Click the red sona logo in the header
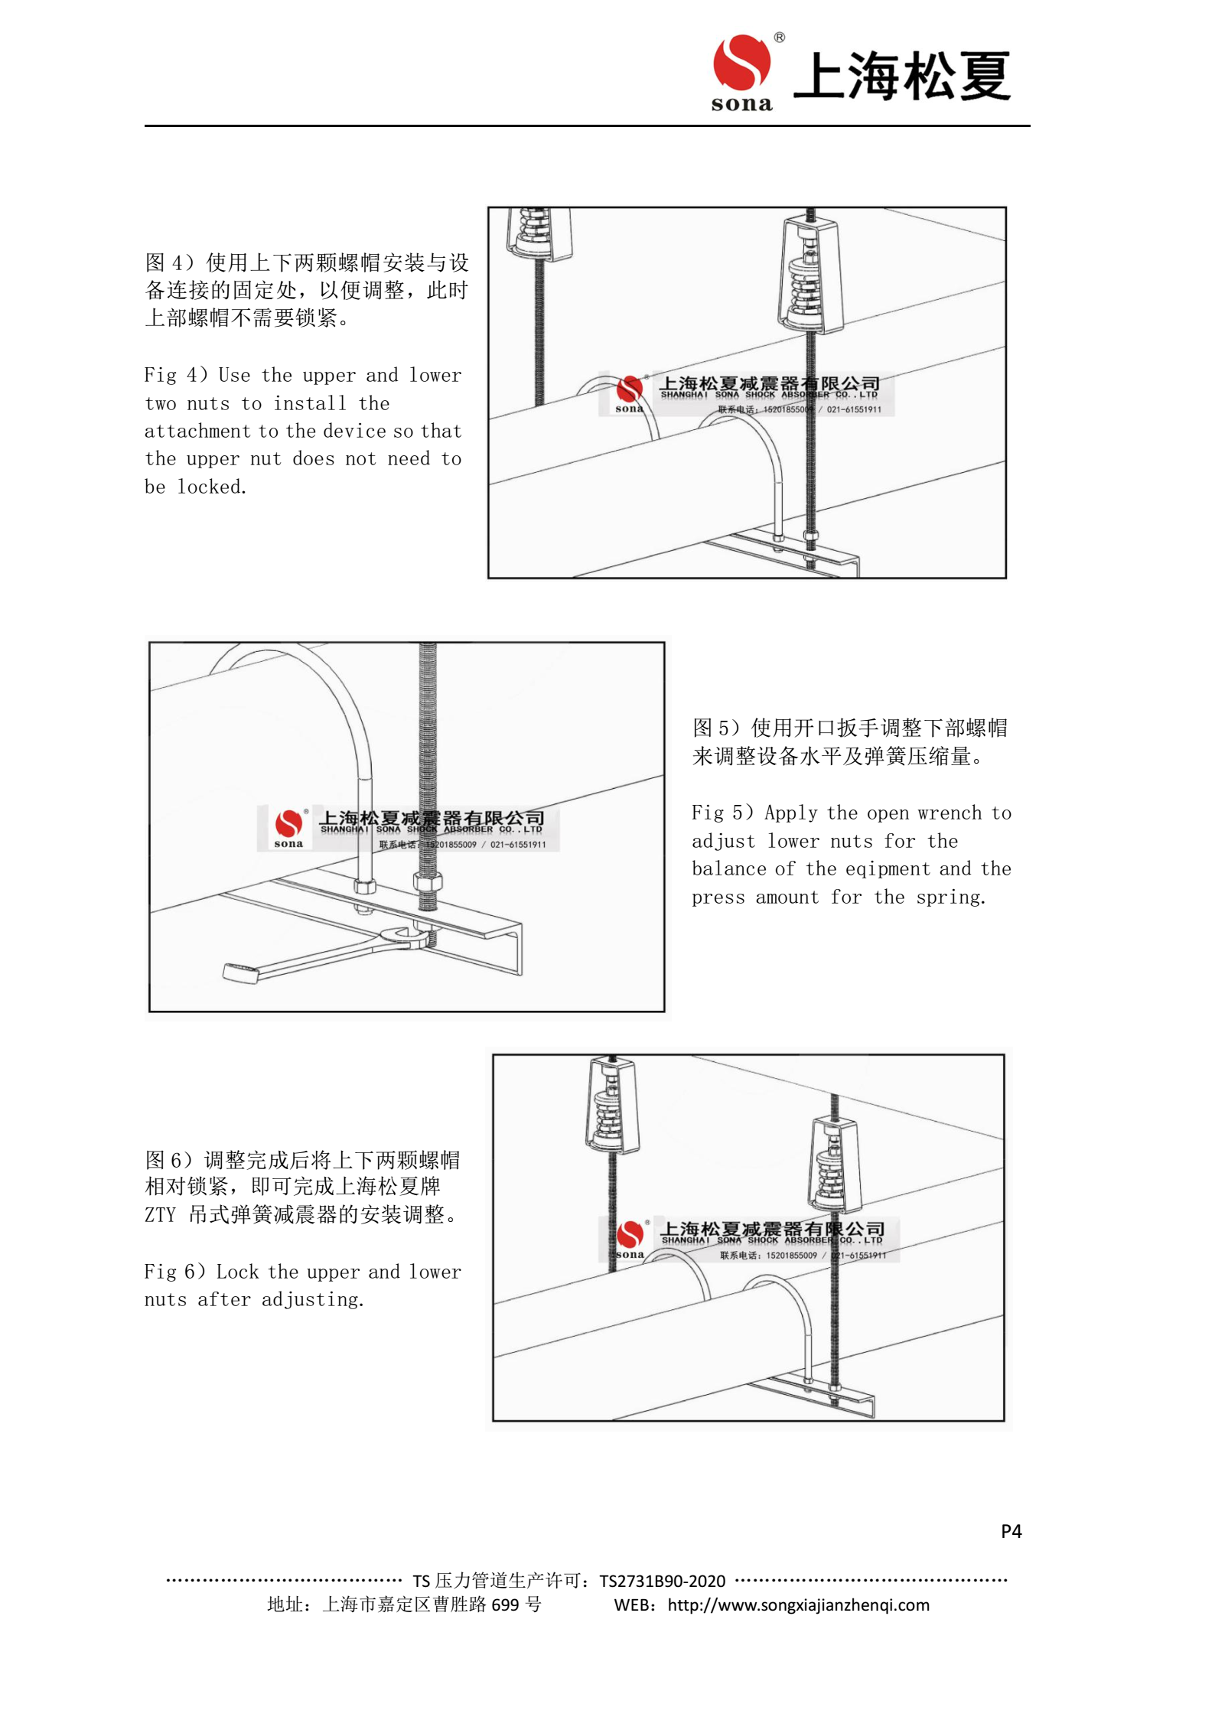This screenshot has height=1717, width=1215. pyautogui.click(x=741, y=64)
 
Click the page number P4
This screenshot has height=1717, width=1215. pyautogui.click(x=1010, y=1531)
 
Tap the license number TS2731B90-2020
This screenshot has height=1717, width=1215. pyautogui.click(x=662, y=1581)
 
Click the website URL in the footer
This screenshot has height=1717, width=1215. pyautogui.click(x=798, y=1605)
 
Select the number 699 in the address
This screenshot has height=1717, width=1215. pyautogui.click(x=505, y=1605)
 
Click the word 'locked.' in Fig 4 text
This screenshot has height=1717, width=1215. pyautogui.click(x=212, y=487)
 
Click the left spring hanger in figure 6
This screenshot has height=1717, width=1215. pyautogui.click(x=612, y=1105)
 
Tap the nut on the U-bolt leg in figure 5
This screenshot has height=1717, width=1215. pyautogui.click(x=365, y=886)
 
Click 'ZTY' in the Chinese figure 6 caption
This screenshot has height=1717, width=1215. pyautogui.click(x=160, y=1215)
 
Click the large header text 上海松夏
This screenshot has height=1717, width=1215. pyautogui.click(x=902, y=77)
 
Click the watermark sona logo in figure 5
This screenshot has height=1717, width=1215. pyautogui.click(x=288, y=826)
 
